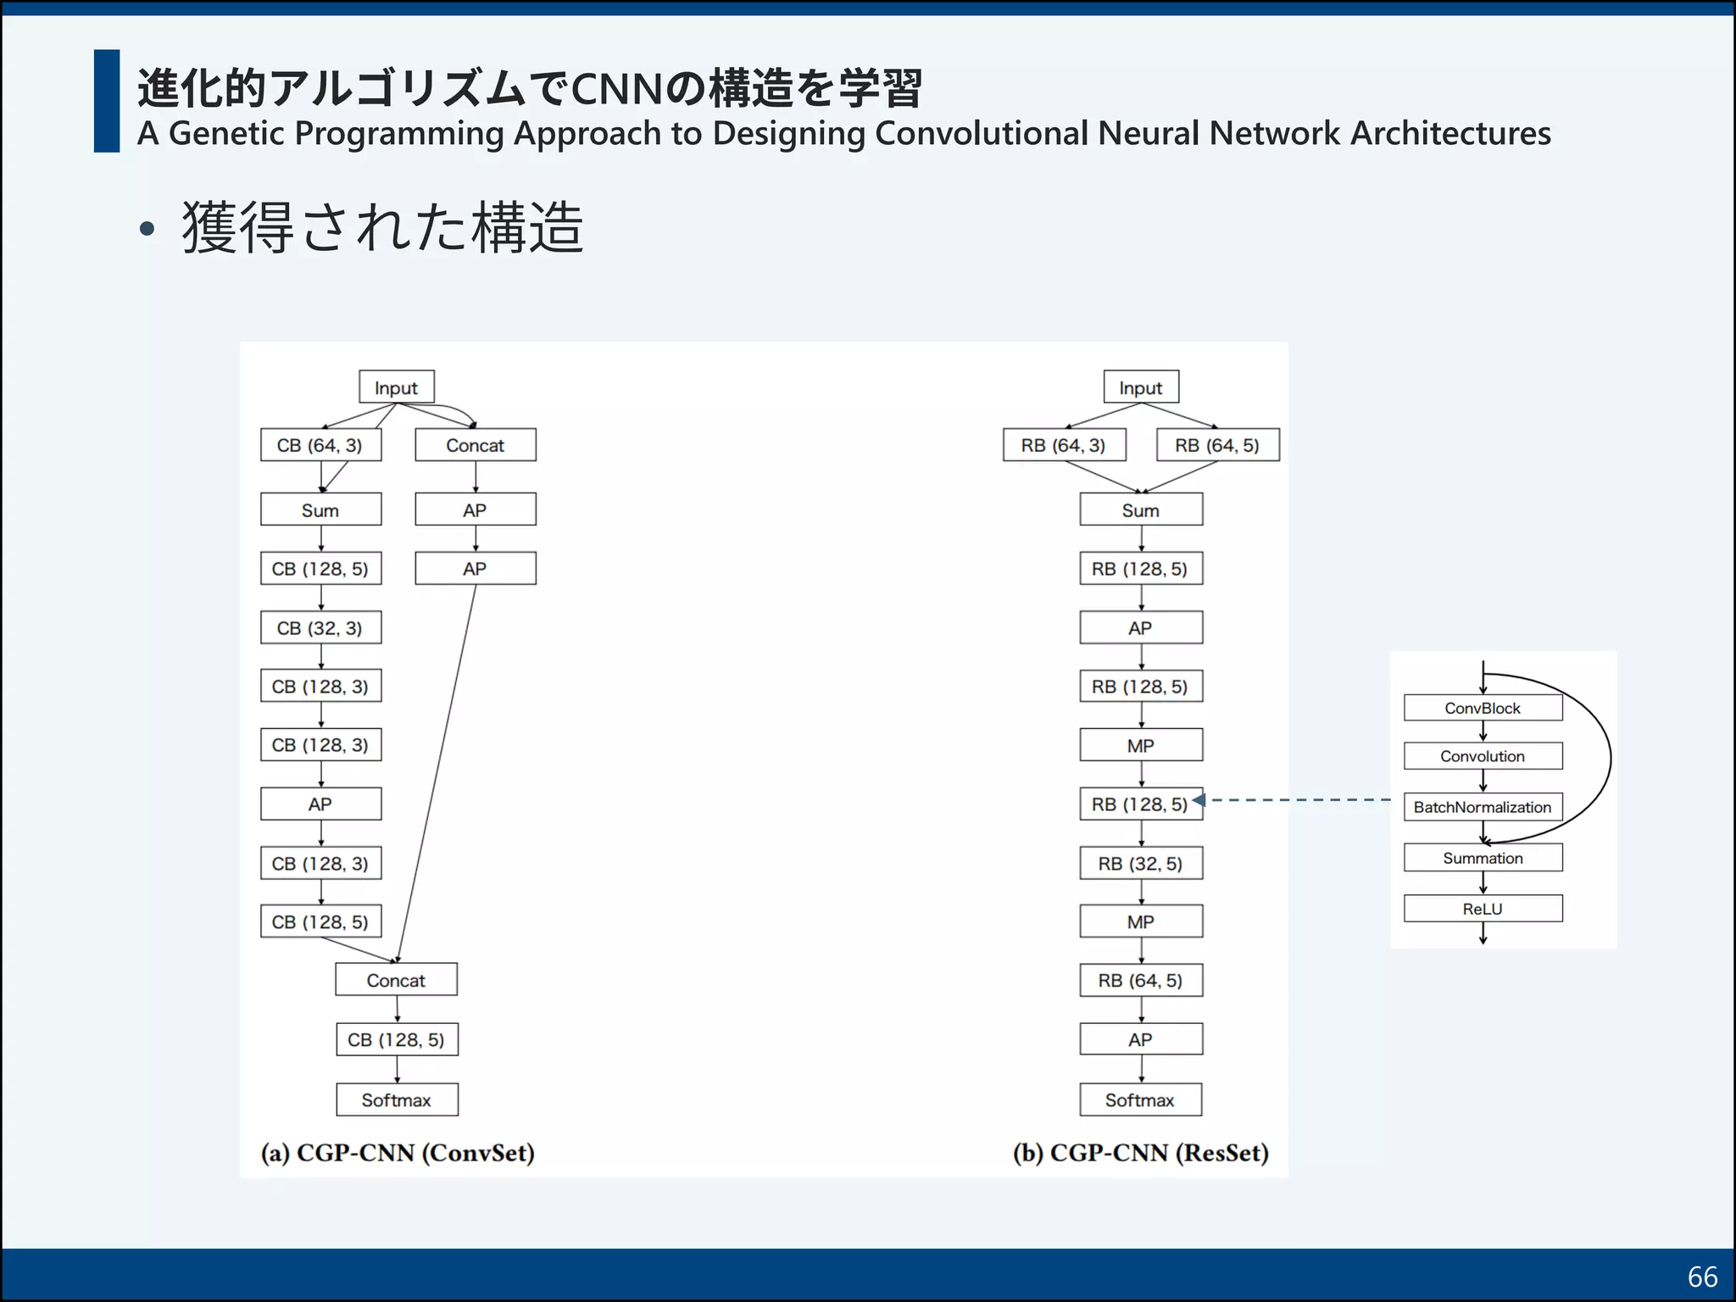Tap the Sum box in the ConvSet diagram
320,509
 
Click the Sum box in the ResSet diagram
1140,509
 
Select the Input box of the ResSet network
1140,387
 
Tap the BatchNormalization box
1482,807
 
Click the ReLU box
1482,909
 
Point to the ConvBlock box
1482,708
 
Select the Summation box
1482,858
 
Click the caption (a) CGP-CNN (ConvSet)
398,1153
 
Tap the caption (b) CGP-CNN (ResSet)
1140,1153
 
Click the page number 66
1702,1277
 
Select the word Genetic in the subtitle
226,134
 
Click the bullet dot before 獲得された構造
147,228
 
